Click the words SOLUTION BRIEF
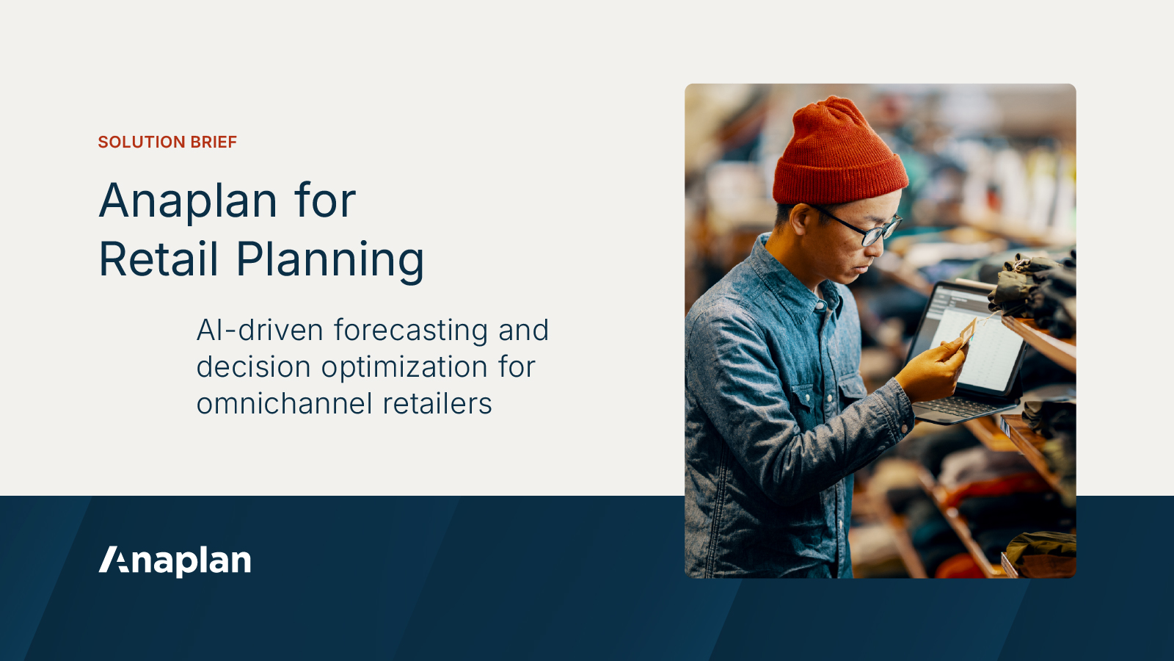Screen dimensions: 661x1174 (x=167, y=142)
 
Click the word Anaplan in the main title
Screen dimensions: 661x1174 (x=188, y=201)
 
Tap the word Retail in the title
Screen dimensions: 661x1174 (x=158, y=259)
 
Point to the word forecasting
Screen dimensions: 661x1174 (x=411, y=331)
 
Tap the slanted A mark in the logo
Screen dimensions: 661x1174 (x=113, y=560)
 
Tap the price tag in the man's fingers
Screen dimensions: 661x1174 (x=968, y=333)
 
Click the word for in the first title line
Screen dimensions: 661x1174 (x=325, y=201)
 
